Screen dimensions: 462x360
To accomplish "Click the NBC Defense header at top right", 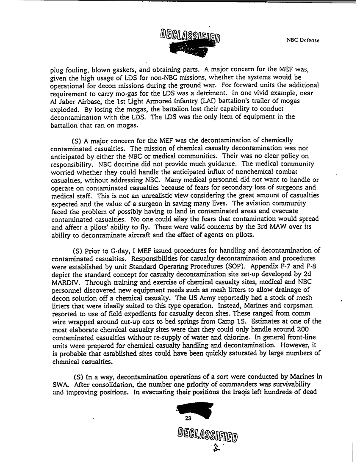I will (303, 41).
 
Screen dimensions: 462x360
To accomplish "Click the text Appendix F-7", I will (269, 268).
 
